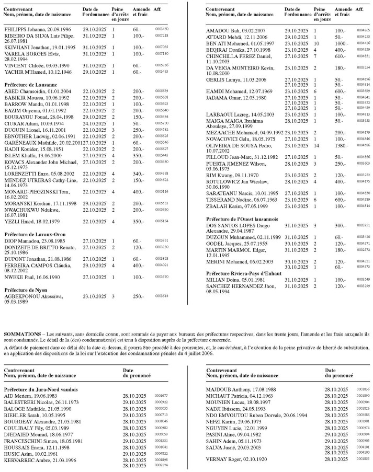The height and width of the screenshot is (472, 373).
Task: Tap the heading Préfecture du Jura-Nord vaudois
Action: tap(41, 389)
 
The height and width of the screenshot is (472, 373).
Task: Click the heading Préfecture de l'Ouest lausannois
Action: tap(242, 218)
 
